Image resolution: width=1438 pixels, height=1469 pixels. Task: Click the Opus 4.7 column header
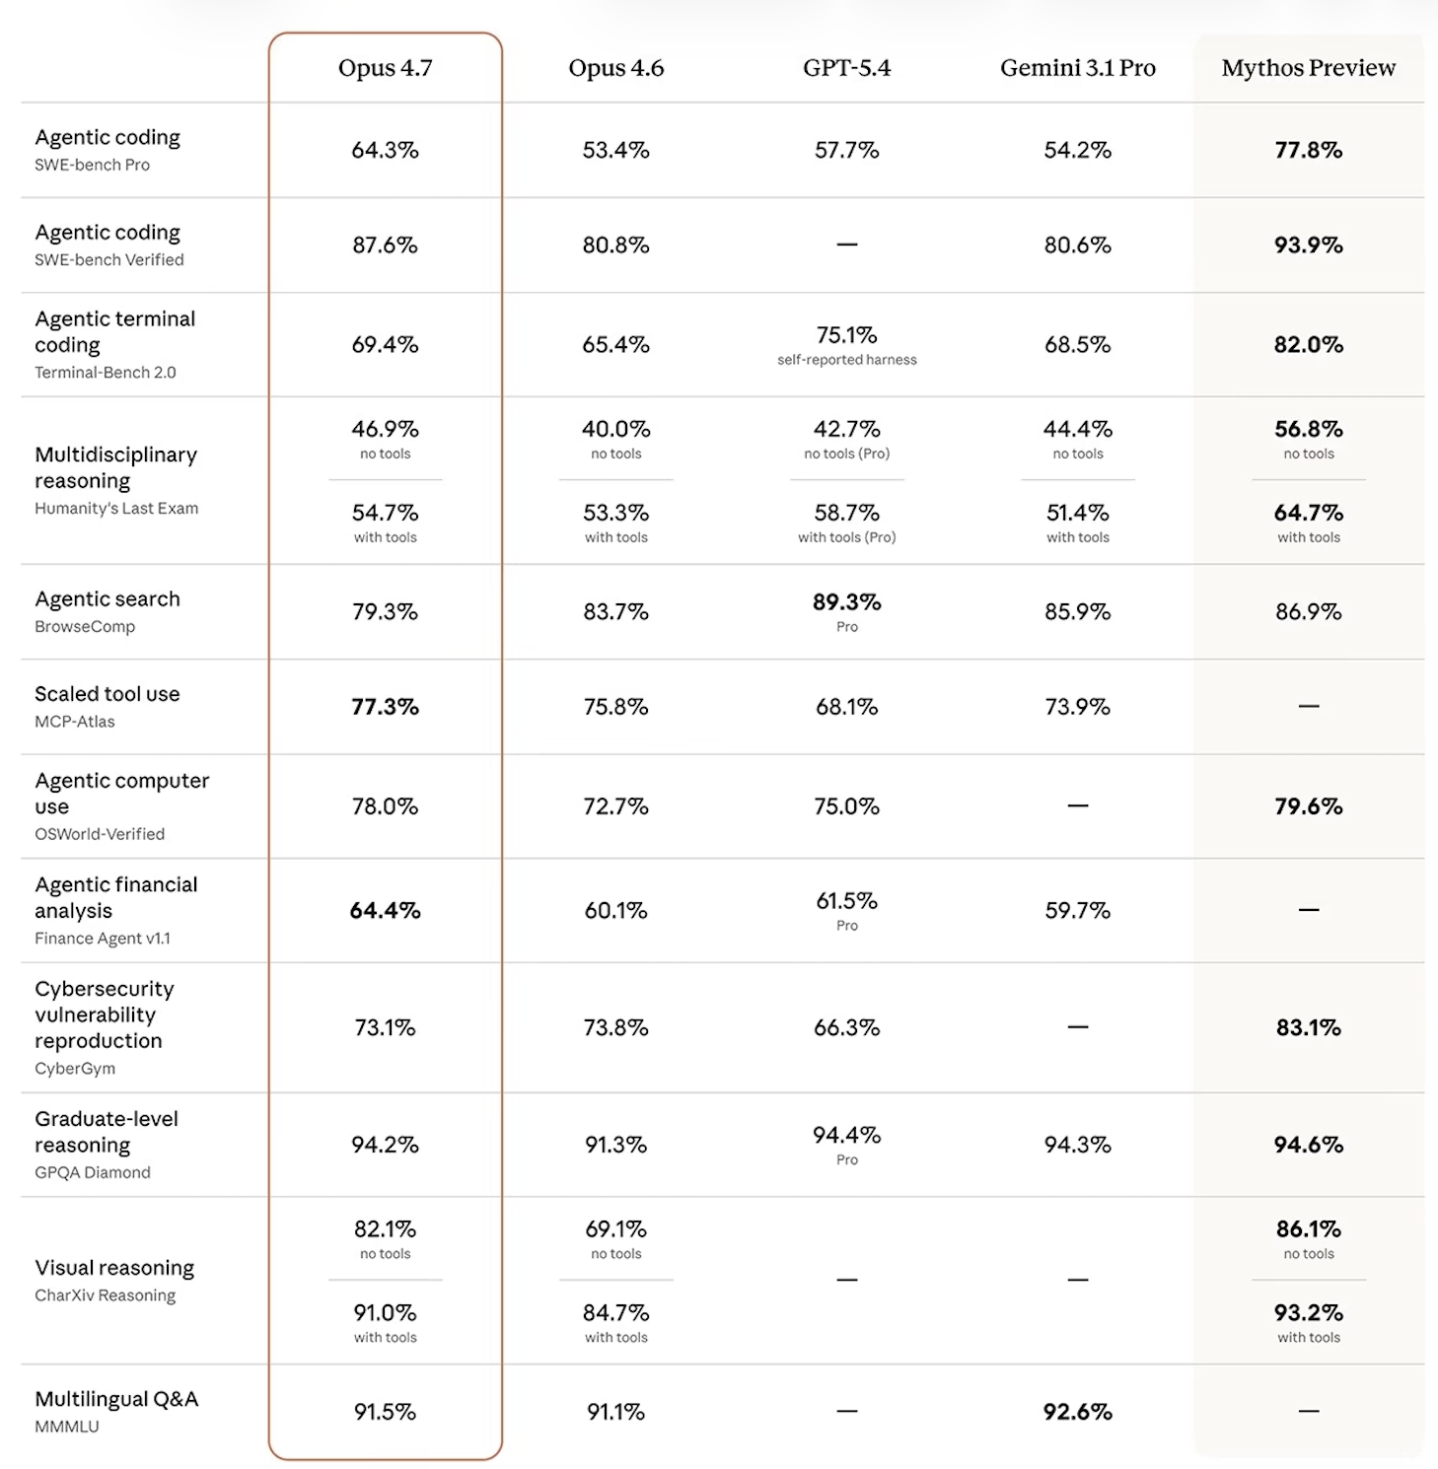click(385, 68)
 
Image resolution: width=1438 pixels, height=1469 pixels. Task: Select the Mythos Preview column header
click(1308, 68)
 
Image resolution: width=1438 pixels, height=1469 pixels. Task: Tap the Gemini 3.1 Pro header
click(1077, 68)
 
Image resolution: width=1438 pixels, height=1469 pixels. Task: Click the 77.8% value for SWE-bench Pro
click(1308, 150)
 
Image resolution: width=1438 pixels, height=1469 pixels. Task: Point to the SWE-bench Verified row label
click(108, 260)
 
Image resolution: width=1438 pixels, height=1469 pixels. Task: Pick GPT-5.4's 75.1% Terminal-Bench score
click(846, 335)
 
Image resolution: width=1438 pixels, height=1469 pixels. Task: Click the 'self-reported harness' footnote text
click(846, 360)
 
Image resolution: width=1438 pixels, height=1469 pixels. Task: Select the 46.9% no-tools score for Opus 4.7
click(385, 429)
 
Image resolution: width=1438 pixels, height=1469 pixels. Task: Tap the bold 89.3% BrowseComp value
click(846, 602)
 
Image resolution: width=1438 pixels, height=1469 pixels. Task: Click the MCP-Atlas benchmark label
click(75, 722)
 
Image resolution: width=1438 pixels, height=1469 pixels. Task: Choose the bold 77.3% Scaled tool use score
click(385, 707)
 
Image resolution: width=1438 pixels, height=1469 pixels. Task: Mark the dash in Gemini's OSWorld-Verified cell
click(1077, 805)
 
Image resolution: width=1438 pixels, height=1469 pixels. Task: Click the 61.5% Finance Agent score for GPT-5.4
click(846, 901)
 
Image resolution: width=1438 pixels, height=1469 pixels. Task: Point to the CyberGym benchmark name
click(75, 1069)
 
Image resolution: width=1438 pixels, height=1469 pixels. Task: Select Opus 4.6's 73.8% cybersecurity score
click(615, 1027)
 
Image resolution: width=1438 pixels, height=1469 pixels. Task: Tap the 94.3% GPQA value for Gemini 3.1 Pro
click(1077, 1145)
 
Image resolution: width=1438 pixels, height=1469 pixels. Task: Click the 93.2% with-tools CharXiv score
click(1308, 1313)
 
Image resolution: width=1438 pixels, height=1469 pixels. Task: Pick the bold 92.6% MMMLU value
click(1077, 1412)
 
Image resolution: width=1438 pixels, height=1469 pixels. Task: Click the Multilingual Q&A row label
click(116, 1399)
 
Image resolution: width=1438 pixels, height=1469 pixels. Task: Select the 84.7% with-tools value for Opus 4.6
click(615, 1313)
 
